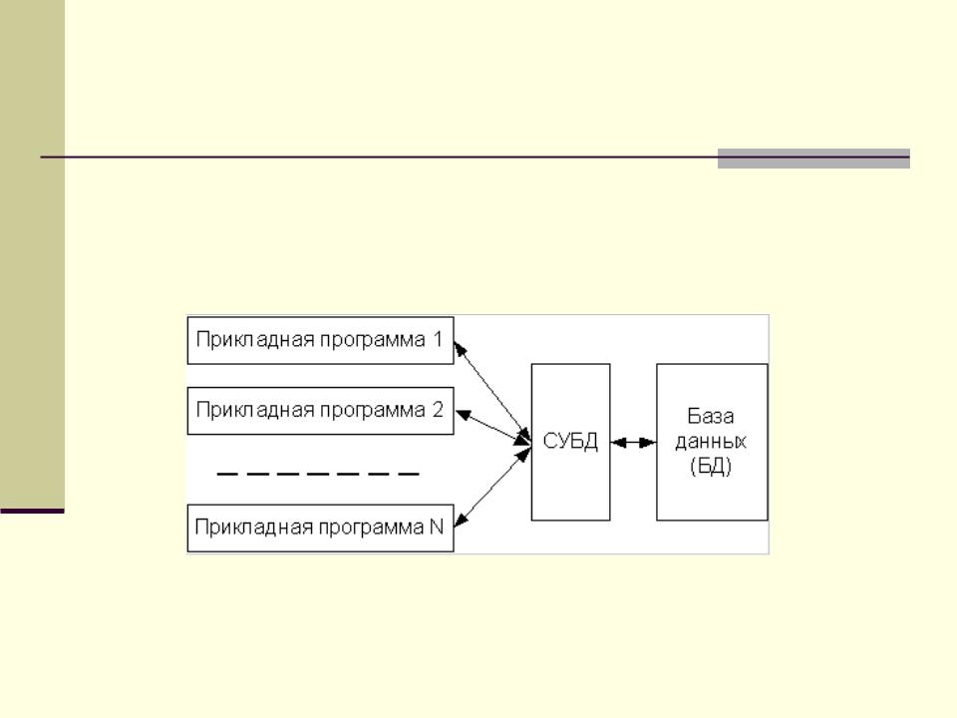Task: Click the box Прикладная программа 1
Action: pyautogui.click(x=320, y=340)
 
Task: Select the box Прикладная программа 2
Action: pyautogui.click(x=320, y=410)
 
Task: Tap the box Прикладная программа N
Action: pyautogui.click(x=320, y=528)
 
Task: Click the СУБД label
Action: pyautogui.click(x=570, y=442)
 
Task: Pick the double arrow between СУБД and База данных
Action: pyautogui.click(x=633, y=442)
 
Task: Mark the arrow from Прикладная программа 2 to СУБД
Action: pyautogui.click(x=491, y=426)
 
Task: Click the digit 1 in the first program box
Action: pyautogui.click(x=437, y=340)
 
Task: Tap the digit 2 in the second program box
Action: pyautogui.click(x=437, y=410)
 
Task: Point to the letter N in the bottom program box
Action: pyautogui.click(x=437, y=528)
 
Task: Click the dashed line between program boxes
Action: pyautogui.click(x=318, y=474)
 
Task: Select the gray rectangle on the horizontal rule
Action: pyautogui.click(x=813, y=159)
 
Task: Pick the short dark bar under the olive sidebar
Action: pyautogui.click(x=32, y=511)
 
